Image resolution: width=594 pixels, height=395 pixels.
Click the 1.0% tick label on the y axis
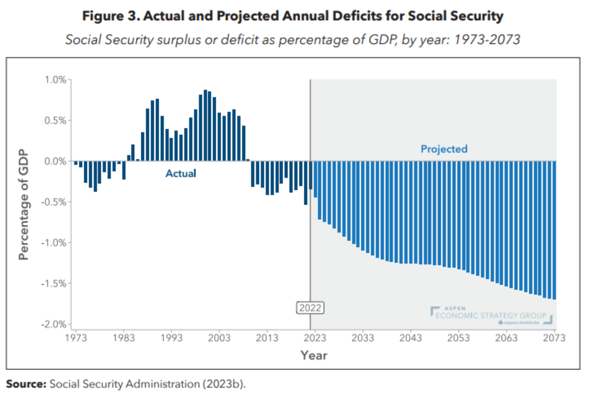click(55, 79)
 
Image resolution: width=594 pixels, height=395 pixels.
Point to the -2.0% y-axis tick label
click(54, 324)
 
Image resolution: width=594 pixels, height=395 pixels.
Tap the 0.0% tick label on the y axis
click(55, 161)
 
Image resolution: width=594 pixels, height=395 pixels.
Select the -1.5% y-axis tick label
click(54, 283)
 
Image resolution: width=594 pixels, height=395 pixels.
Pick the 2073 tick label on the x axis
click(554, 338)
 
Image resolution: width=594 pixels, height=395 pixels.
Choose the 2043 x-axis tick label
click(411, 338)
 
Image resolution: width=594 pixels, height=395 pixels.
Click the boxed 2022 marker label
click(310, 308)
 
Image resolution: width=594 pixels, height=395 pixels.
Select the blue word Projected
click(444, 149)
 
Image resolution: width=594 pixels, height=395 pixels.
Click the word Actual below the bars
click(180, 174)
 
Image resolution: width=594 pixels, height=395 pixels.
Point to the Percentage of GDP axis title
click(24, 203)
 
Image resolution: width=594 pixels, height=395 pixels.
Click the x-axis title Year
click(314, 355)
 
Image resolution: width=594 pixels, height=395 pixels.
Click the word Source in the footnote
click(26, 384)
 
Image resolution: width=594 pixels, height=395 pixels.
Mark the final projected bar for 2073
click(554, 230)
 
